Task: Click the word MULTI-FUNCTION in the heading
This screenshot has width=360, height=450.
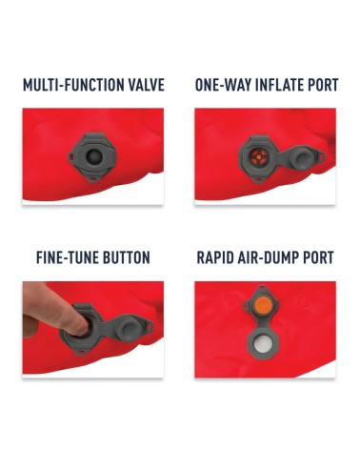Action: (73, 85)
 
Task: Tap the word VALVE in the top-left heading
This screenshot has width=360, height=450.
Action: (147, 85)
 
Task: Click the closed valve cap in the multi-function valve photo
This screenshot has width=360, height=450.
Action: (93, 156)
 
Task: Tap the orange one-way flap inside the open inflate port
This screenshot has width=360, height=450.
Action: (259, 157)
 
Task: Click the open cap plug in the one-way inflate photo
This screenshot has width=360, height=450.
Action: (301, 155)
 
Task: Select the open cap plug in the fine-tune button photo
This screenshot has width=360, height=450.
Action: (129, 327)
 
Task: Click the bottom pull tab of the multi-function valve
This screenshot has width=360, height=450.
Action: (93, 178)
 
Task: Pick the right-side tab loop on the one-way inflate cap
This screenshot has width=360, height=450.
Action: (321, 156)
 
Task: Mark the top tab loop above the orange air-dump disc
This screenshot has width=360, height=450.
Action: (262, 289)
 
